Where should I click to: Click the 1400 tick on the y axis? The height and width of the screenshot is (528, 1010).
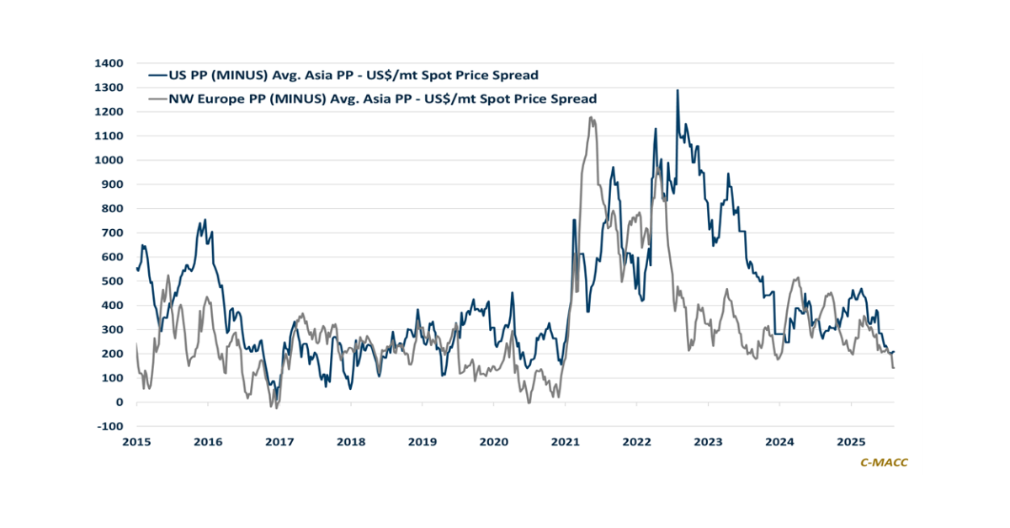pos(108,63)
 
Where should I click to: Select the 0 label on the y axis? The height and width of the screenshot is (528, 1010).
pos(120,402)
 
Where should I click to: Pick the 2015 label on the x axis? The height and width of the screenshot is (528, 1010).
pos(136,441)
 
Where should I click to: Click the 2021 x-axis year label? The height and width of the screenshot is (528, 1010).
pos(565,441)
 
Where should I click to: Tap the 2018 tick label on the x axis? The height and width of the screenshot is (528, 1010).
pos(351,441)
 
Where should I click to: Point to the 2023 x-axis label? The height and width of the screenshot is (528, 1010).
pos(708,441)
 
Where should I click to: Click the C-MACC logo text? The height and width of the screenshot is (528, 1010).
pos(884,462)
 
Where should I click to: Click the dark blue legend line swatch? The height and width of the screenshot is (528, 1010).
pos(157,75)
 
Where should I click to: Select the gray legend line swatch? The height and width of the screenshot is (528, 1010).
pos(157,99)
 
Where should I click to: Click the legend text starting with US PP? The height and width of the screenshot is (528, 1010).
pos(353,75)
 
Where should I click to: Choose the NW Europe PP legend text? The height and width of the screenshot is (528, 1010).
pos(383,99)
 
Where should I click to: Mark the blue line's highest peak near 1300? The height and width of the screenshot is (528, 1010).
pos(678,90)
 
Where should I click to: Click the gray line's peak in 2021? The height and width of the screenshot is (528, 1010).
pos(592,118)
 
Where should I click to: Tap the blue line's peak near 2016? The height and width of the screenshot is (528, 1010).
pos(205,221)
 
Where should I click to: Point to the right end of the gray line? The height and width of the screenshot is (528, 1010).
pos(893,367)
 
